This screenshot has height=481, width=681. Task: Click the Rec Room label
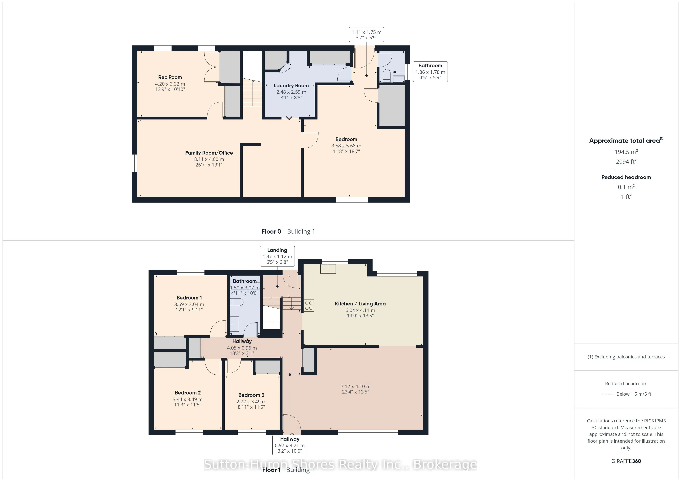pos(170,77)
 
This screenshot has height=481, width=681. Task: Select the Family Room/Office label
pos(209,153)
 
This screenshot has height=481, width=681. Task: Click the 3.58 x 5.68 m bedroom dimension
pos(346,146)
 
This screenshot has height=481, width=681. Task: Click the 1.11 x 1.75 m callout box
pos(366,35)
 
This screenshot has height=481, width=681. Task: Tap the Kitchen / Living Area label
pos(360,304)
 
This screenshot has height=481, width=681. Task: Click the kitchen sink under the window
pos(328,269)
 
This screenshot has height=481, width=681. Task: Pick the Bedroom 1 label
pos(189,298)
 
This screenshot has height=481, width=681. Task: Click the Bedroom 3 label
pos(251,395)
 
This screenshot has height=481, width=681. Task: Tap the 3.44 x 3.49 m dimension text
pos(187,399)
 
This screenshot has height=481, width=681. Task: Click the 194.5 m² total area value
pos(626,152)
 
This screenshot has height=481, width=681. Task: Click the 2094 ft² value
pos(626,161)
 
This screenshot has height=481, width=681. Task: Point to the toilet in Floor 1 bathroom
pos(237,302)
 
